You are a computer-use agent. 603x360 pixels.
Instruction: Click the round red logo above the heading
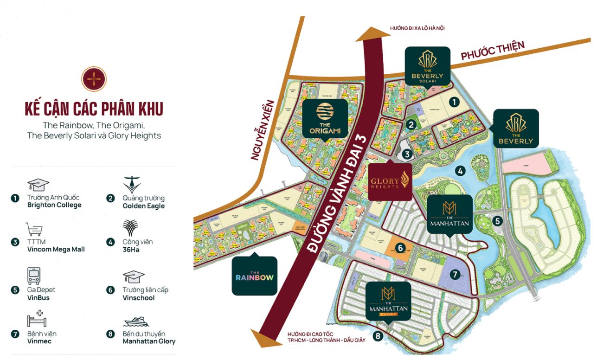(94, 79)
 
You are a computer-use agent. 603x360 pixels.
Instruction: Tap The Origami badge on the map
(325, 119)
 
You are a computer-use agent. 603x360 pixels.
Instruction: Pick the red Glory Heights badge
(390, 181)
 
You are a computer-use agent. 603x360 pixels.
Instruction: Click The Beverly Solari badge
(427, 65)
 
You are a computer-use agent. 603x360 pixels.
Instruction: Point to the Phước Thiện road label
(493, 50)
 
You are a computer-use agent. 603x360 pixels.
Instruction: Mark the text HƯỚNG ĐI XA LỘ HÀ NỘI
(417, 28)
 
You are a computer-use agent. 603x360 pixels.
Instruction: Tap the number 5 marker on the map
(497, 221)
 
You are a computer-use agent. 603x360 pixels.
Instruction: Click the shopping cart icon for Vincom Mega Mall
(35, 229)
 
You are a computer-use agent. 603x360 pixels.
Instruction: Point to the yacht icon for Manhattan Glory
(135, 321)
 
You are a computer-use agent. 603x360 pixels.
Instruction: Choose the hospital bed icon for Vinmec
(37, 320)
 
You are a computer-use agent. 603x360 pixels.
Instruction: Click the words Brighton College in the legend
(54, 205)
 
